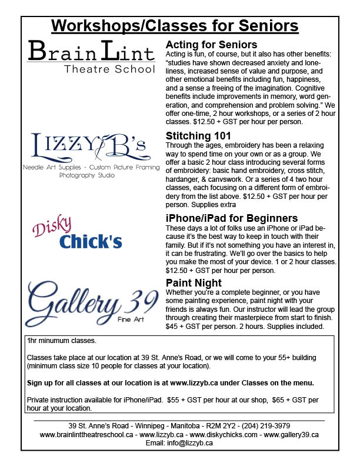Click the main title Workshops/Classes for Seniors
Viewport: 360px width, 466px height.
pyautogui.click(x=175, y=26)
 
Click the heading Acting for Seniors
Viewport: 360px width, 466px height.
pyautogui.click(x=212, y=45)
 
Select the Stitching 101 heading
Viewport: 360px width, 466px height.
pyautogui.click(x=199, y=136)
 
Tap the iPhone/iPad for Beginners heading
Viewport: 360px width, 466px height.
pyautogui.click(x=232, y=218)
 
